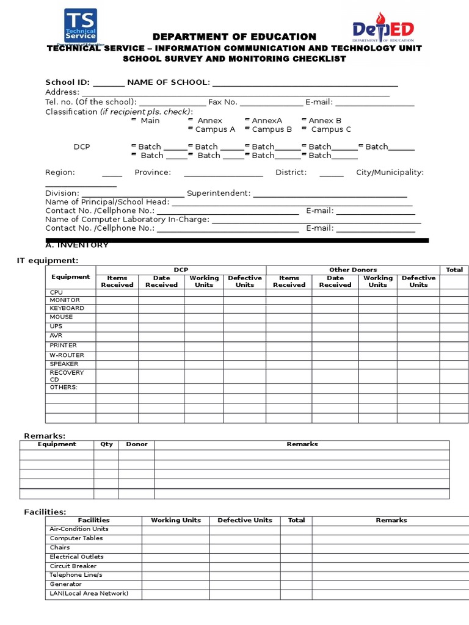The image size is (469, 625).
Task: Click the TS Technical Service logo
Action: (x=81, y=26)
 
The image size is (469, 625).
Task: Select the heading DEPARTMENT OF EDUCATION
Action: (x=234, y=37)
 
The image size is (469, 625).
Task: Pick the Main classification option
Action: (x=146, y=121)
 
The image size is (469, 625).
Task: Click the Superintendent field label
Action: (x=218, y=193)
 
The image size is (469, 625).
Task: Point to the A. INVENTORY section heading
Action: (x=77, y=245)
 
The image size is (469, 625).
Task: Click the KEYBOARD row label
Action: (x=67, y=308)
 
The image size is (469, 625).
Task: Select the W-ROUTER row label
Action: (x=67, y=355)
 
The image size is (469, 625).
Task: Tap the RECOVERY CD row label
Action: (x=67, y=376)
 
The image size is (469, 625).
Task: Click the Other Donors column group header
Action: (x=353, y=270)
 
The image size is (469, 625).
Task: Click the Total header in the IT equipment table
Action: (x=454, y=270)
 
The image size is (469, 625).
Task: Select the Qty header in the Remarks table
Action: (x=106, y=444)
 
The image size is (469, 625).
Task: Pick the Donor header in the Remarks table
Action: (x=137, y=444)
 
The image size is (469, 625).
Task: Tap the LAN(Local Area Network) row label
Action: (x=89, y=593)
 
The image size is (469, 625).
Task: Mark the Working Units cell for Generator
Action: (x=176, y=585)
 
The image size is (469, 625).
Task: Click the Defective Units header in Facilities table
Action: (x=245, y=520)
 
